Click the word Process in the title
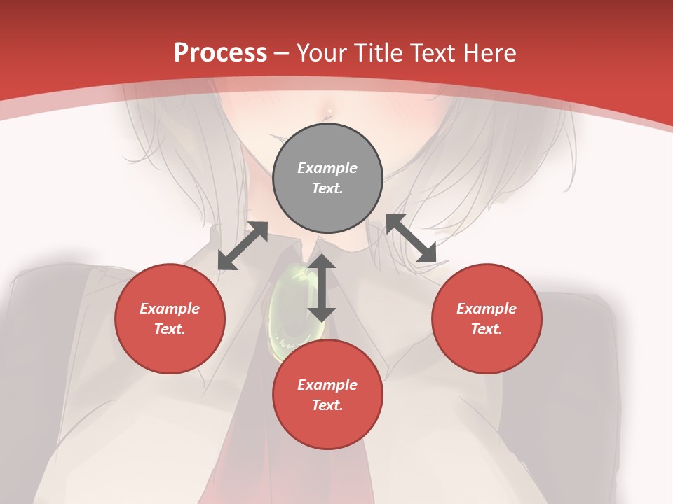pos(220,53)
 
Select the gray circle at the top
pos(327,178)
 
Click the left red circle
pos(170,318)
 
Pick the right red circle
pos(487,318)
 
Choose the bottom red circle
pos(327,395)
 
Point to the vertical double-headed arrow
pos(322,288)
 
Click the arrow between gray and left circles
pos(243,245)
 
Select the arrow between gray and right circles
pos(412,239)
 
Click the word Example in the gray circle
pos(327,168)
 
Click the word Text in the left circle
pos(169,329)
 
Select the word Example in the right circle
pos(487,309)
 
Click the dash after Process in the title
pos(281,54)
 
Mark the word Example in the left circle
pos(170,309)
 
